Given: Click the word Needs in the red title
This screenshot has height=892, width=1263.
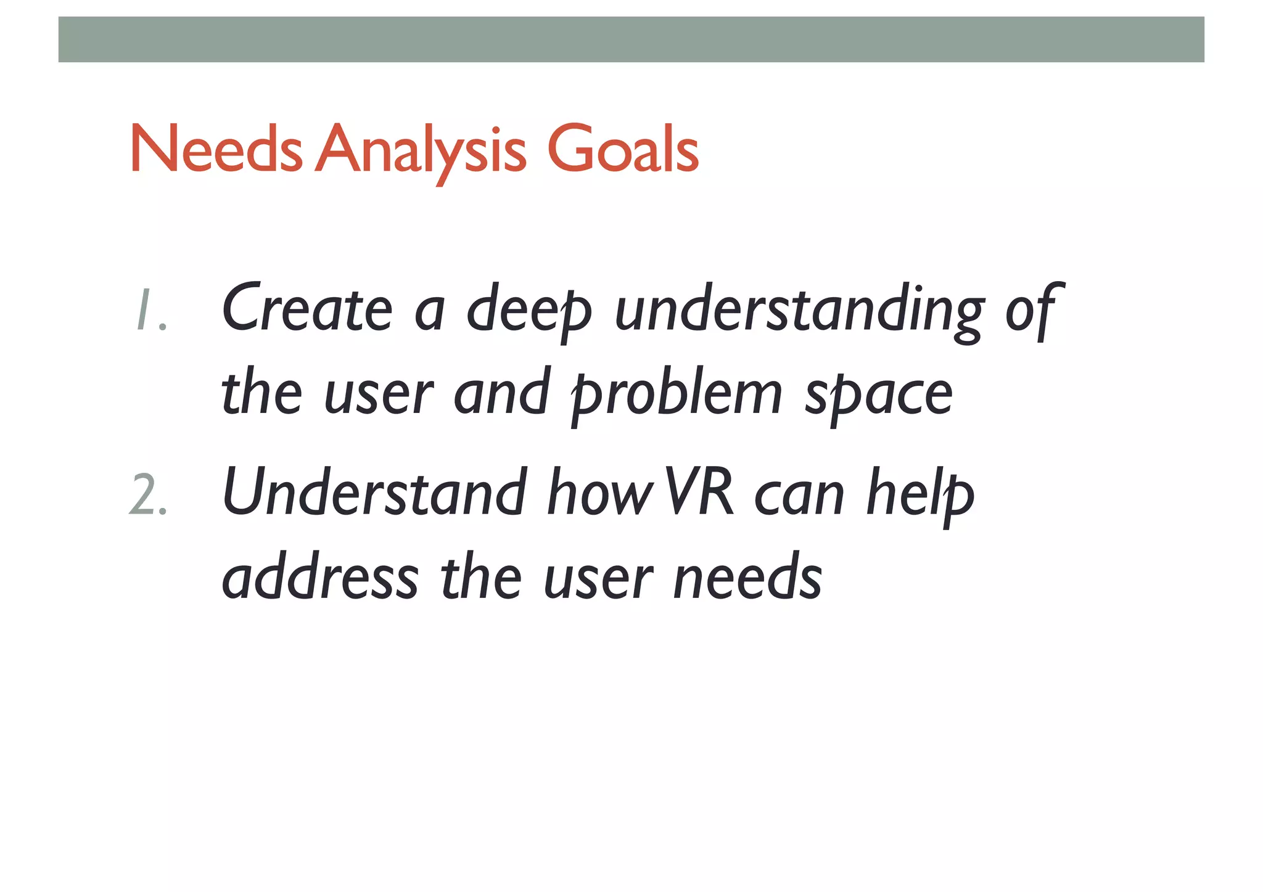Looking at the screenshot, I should click(x=216, y=150).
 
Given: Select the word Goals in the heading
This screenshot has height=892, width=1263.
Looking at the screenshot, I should click(x=623, y=150).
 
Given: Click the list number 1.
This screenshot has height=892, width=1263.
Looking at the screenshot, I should click(x=149, y=310).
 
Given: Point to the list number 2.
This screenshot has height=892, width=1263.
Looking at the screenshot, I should click(x=148, y=497).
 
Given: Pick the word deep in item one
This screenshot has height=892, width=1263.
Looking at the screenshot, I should click(x=529, y=310).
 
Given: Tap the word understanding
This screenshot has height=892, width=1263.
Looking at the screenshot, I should click(x=799, y=310).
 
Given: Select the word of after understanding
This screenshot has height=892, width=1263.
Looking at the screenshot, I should click(x=1034, y=310).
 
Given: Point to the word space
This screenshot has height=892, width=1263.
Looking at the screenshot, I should click(x=879, y=395).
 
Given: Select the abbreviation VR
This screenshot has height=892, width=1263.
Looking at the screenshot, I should click(x=700, y=493).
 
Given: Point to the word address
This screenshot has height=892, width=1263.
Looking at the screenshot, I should click(x=320, y=577).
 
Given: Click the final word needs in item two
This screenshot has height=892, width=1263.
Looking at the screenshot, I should click(x=748, y=577).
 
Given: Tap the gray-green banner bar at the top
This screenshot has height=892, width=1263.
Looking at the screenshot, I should click(x=631, y=39).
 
